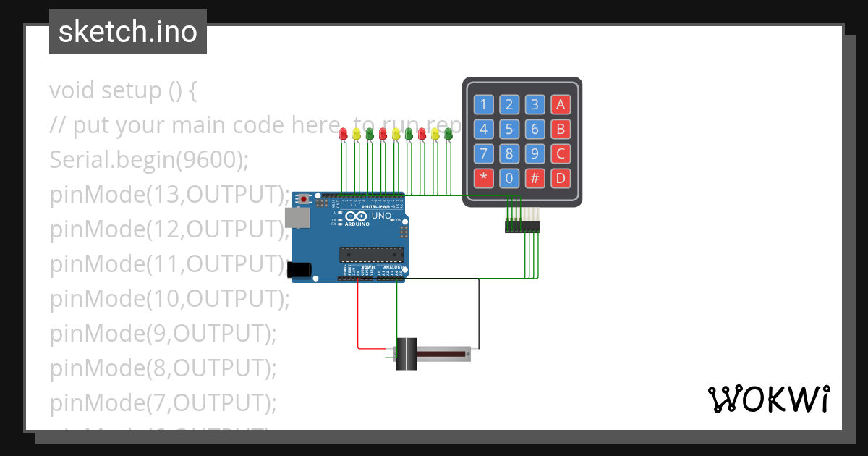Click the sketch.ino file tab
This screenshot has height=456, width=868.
click(x=127, y=32)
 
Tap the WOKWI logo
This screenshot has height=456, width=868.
click(x=768, y=399)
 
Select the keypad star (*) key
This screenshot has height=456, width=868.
click(x=484, y=178)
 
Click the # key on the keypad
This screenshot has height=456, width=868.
click(x=535, y=178)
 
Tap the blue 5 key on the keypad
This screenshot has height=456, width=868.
click(x=509, y=130)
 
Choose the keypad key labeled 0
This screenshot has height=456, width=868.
click(x=509, y=178)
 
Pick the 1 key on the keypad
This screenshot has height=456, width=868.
click(x=484, y=105)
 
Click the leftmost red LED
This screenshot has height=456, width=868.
click(x=344, y=133)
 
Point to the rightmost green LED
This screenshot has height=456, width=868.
click(x=448, y=133)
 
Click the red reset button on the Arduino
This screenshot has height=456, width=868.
click(x=305, y=198)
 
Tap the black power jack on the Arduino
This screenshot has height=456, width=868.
click(x=299, y=269)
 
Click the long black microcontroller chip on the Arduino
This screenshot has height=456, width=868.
click(x=370, y=253)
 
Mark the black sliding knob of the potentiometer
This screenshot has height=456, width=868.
click(x=407, y=354)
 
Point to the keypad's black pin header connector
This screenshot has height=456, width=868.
click(x=522, y=227)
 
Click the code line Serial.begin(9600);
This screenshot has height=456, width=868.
click(x=148, y=160)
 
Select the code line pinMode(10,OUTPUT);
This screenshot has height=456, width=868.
click(x=169, y=298)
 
